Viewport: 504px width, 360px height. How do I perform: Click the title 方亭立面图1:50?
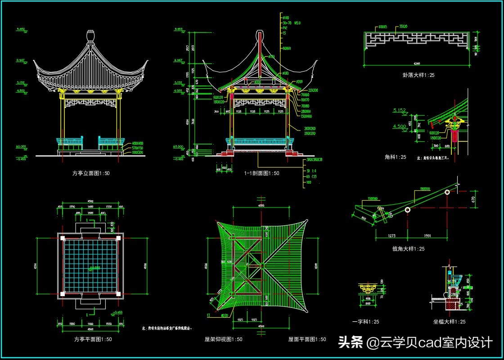[91, 173]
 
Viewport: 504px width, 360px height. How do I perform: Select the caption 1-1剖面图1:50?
[261, 173]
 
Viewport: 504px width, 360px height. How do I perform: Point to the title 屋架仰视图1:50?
[223, 339]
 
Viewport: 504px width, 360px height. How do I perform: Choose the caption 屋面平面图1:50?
[307, 339]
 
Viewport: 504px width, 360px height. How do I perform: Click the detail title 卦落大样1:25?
[418, 75]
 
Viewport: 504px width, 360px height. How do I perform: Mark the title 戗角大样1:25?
[408, 248]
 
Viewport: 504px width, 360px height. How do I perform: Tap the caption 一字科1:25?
[365, 322]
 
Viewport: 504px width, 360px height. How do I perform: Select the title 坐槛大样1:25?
[449, 322]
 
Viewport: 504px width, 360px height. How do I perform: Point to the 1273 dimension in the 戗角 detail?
[391, 235]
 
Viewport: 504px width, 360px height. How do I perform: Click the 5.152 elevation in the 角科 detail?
[400, 110]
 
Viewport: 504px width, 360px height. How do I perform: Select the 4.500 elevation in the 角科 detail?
[400, 126]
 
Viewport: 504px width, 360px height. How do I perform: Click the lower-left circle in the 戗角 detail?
[408, 210]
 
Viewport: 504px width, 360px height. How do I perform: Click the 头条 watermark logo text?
[351, 343]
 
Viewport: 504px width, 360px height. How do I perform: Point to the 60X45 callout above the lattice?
[383, 27]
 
